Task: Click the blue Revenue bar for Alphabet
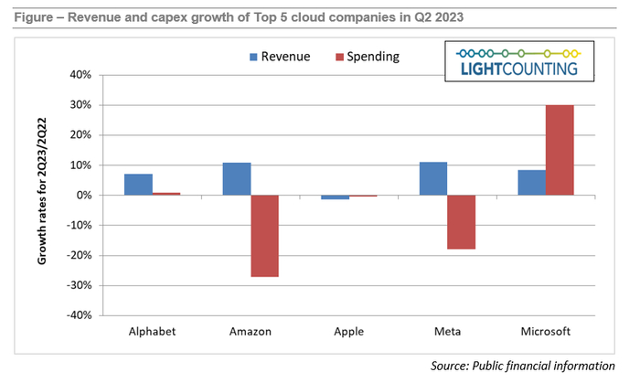138,185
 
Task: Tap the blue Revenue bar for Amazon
237,179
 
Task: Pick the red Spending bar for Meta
462,222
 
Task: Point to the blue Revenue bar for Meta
433,179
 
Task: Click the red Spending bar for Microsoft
560,150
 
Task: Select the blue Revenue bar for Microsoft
531,183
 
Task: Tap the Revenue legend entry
278,57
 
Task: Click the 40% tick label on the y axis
80,75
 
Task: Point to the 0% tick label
84,196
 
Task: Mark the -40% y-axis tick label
79,315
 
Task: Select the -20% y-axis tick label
79,255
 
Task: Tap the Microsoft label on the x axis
546,331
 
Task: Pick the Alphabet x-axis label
152,331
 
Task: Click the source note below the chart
522,366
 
